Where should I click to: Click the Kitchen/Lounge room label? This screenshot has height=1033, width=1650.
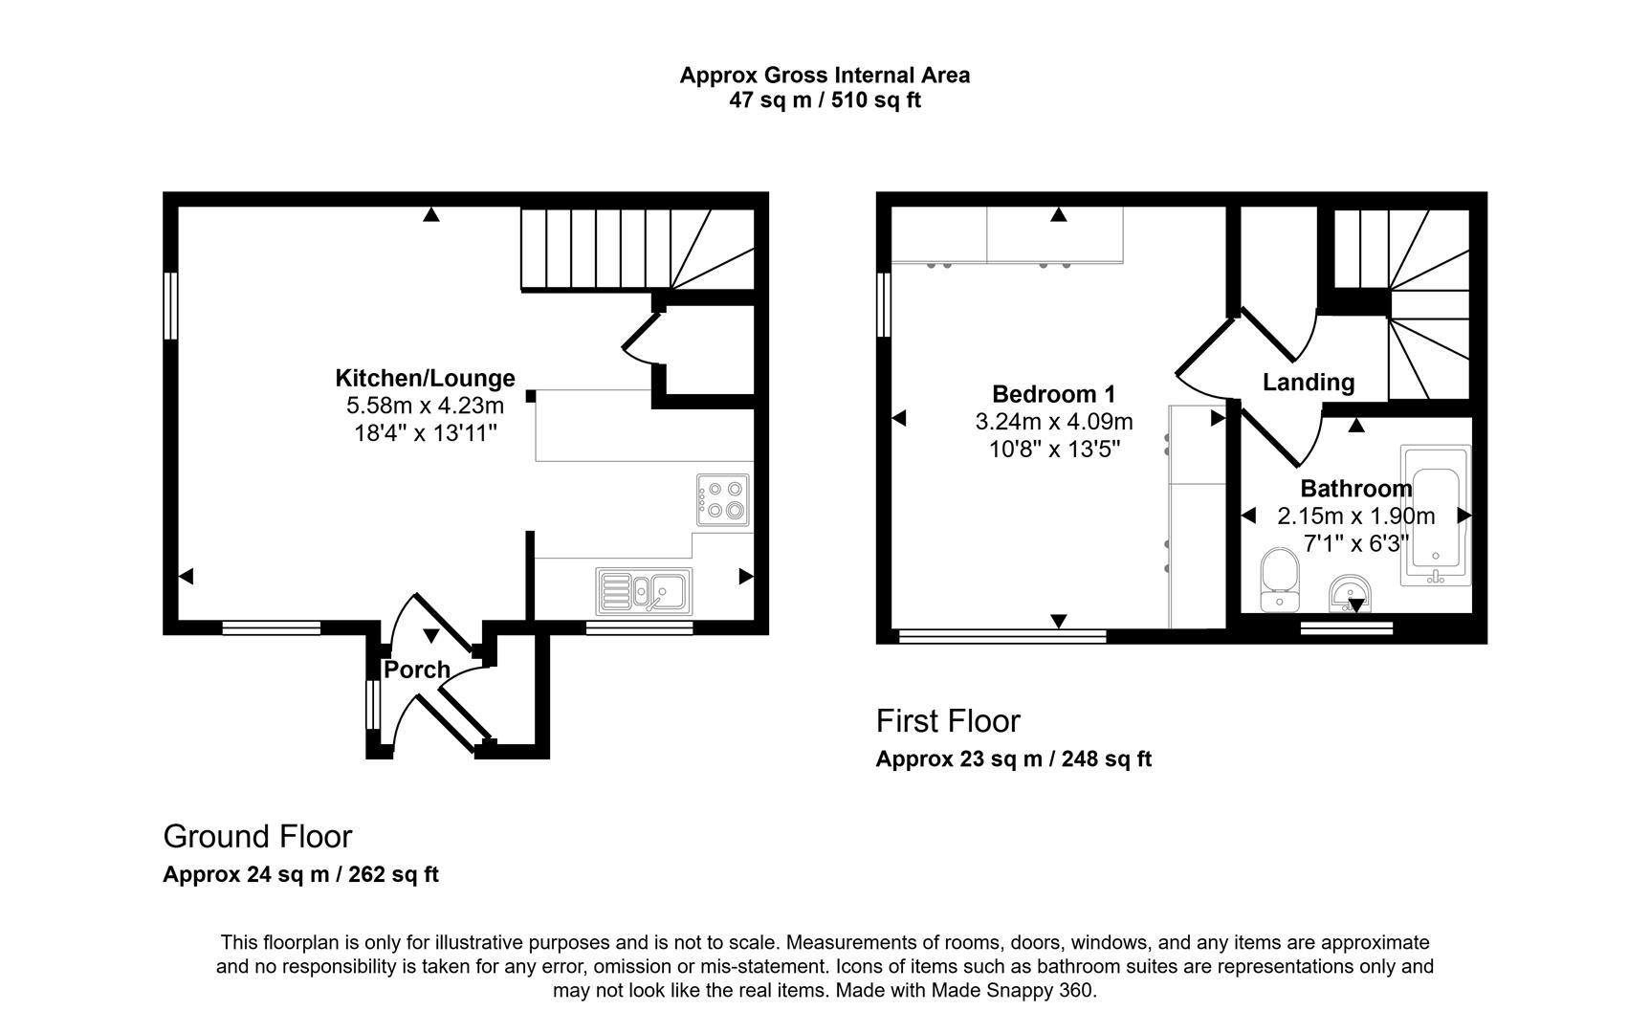click(425, 378)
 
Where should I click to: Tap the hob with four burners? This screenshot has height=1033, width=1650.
click(722, 500)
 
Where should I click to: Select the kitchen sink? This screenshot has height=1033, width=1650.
click(644, 591)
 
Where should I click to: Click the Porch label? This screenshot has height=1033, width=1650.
click(416, 670)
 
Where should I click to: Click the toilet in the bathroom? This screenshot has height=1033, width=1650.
click(1278, 580)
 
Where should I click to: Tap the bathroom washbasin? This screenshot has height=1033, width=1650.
click(1351, 593)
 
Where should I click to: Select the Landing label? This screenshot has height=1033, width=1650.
click(1308, 383)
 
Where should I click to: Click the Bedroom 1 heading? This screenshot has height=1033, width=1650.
click(1053, 394)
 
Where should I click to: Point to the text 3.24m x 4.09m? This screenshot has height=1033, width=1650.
click(1053, 422)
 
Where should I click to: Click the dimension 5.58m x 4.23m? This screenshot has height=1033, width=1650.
click(425, 406)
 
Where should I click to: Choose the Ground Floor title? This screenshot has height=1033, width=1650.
click(257, 836)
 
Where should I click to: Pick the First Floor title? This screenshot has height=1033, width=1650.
click(948, 720)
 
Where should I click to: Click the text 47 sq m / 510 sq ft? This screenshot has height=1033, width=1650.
click(825, 100)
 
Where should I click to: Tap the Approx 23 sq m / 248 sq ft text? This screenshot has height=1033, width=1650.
click(1013, 759)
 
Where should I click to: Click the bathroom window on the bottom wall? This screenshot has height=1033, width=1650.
click(1347, 627)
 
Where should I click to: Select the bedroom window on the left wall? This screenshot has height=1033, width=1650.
click(884, 304)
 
